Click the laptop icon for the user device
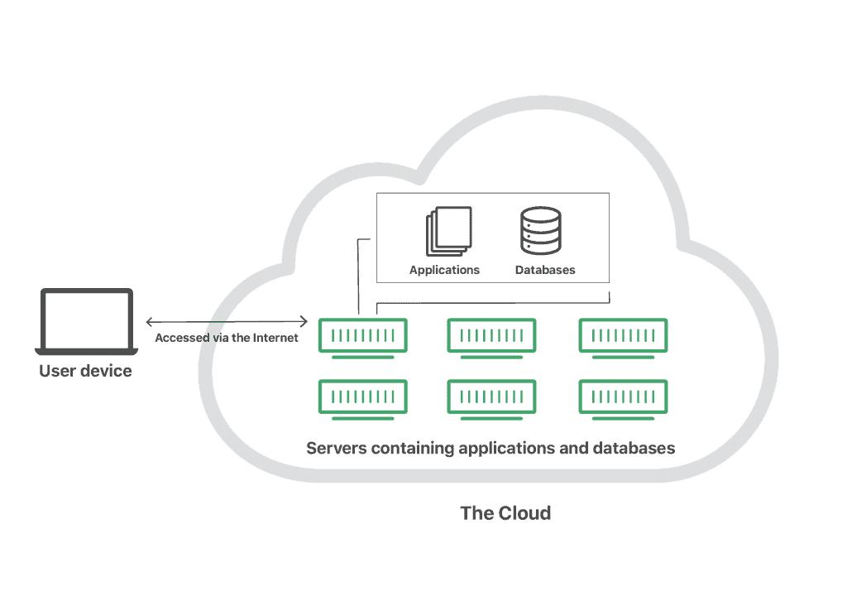[86, 321]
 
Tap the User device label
[85, 371]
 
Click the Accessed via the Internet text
[227, 338]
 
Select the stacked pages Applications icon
[449, 231]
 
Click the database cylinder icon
[541, 231]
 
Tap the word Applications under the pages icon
[444, 270]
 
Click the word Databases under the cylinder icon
[545, 270]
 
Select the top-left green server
[362, 339]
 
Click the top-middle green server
[491, 339]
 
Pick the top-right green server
[624, 339]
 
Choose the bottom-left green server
[362, 400]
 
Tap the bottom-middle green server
[491, 400]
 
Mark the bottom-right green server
[624, 400]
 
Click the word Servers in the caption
[337, 448]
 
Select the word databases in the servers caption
[634, 448]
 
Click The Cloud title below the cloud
[505, 513]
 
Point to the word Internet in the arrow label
[275, 338]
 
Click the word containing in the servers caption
[413, 449]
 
